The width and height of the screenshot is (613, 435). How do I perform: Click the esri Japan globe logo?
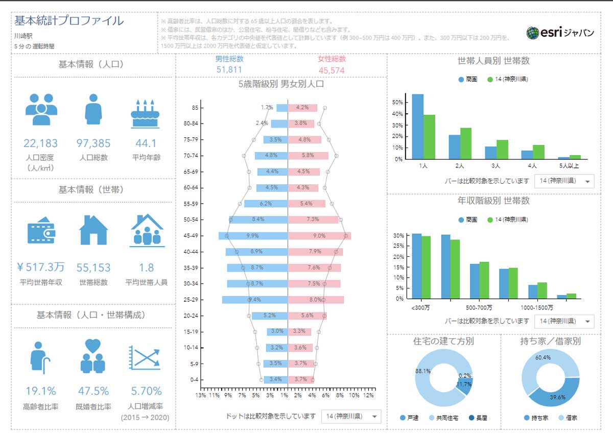[x=533, y=33]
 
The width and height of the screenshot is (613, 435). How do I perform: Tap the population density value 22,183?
[x=41, y=143]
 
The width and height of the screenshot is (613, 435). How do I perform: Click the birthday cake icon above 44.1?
[x=146, y=114]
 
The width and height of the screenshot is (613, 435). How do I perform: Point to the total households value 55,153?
[x=93, y=268]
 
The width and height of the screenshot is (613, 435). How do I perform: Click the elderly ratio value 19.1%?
[x=41, y=392]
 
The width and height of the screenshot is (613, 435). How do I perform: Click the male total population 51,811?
[x=229, y=69]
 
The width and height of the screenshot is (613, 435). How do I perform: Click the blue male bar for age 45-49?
[x=253, y=236]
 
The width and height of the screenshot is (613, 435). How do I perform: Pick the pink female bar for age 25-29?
[x=316, y=300]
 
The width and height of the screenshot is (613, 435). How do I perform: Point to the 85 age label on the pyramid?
[x=195, y=108]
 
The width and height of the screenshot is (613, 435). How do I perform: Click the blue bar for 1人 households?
[x=417, y=127]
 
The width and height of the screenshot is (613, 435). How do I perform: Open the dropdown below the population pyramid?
[x=351, y=417]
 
